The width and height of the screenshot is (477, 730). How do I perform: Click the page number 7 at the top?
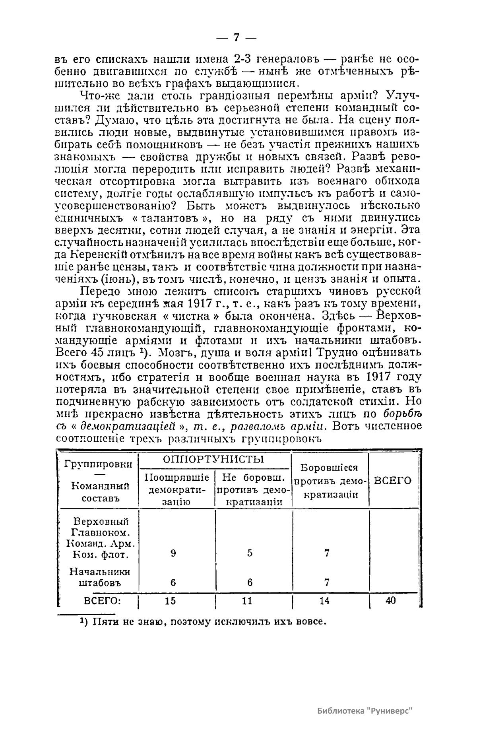coord(237,37)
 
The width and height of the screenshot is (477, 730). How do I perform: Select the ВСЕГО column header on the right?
coord(393,480)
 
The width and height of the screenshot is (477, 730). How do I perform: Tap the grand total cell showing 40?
coord(391,601)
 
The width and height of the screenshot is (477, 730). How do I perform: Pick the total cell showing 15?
coord(170,601)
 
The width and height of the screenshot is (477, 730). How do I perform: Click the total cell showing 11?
coord(247,601)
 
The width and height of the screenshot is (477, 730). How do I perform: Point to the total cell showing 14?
coord(324,601)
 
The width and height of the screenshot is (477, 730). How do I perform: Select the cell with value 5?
coord(250,553)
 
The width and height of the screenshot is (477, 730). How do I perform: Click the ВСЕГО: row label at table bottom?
coord(99,601)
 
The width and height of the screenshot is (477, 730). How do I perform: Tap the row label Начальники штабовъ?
coord(100,577)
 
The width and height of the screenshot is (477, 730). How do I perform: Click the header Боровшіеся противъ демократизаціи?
coord(329,481)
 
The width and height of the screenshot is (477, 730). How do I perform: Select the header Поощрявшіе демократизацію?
coord(176,489)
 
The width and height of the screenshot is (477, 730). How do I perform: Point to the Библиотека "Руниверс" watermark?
coord(364,711)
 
